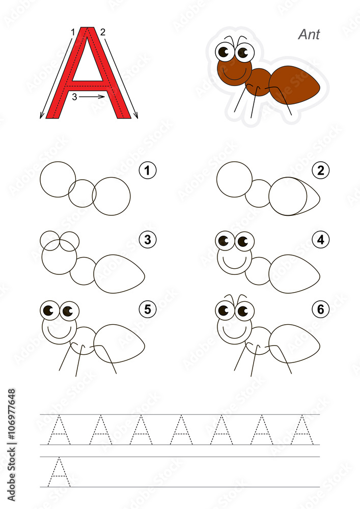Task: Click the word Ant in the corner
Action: [x=309, y=35]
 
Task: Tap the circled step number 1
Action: [x=147, y=171]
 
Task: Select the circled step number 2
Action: [x=320, y=171]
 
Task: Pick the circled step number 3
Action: [x=147, y=239]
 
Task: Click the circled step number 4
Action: [x=320, y=239]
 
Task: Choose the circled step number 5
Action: [x=147, y=308]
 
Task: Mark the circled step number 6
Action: [x=320, y=308]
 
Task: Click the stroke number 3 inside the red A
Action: [x=74, y=97]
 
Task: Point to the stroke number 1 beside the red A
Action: [x=73, y=32]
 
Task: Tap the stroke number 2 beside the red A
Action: [x=103, y=32]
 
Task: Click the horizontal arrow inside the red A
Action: [x=93, y=96]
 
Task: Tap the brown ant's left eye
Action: [x=224, y=51]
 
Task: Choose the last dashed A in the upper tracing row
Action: [x=302, y=430]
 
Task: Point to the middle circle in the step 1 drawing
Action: [x=82, y=193]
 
